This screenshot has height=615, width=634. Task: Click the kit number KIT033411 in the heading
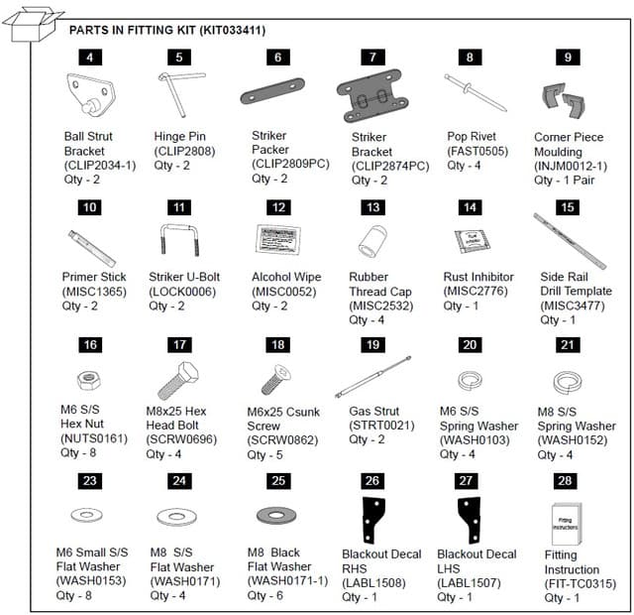[x=232, y=31]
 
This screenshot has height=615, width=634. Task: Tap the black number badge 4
[x=89, y=58]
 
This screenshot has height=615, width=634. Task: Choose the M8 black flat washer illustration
[x=275, y=516]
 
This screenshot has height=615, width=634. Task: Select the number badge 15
[x=567, y=207]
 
